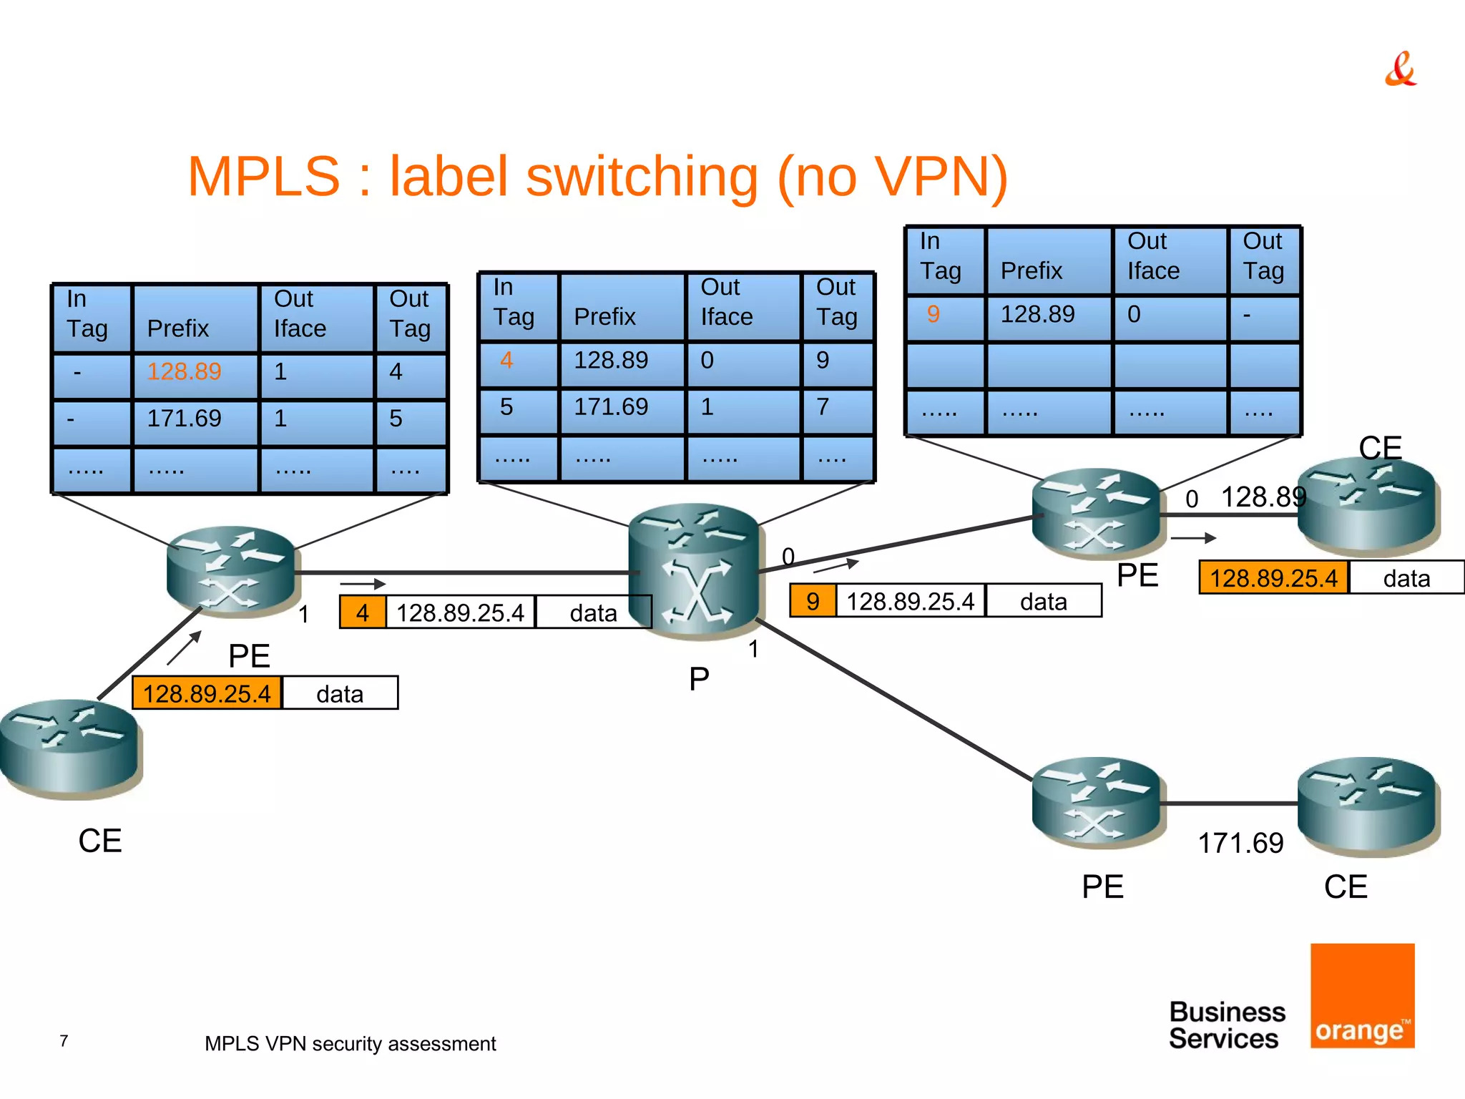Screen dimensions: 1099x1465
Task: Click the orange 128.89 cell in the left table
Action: pos(184,372)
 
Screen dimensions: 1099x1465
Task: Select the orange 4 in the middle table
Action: pos(506,360)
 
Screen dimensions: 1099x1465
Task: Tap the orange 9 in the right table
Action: pos(933,314)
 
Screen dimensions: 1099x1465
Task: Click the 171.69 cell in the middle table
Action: pos(611,407)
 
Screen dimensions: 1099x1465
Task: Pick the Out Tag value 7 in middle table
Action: pos(823,407)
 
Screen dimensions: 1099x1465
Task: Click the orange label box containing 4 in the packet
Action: pos(363,613)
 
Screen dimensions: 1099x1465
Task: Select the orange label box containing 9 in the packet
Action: pos(813,602)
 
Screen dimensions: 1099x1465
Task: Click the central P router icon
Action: pos(693,572)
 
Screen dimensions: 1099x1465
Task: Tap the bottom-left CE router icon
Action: pos(69,748)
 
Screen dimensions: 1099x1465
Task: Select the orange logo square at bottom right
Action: pos(1362,995)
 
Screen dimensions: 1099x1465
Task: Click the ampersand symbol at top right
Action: pos(1400,69)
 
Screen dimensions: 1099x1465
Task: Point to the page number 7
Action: pos(64,1041)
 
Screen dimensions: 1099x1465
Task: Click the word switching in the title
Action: pos(642,177)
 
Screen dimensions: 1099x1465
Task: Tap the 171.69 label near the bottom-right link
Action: pos(1240,844)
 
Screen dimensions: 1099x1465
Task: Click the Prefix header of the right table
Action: pos(1031,271)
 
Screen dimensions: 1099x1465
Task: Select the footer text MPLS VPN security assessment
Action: pos(350,1044)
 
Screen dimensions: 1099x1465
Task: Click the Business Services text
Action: pos(1226,1025)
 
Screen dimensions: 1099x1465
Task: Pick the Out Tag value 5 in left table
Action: pos(396,419)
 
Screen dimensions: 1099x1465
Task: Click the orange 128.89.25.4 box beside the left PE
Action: pos(207,693)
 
